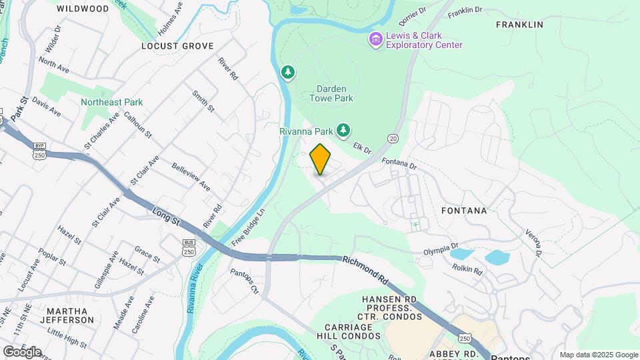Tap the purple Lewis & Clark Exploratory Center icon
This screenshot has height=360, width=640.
[376, 40]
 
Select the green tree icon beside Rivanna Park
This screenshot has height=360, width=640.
[343, 129]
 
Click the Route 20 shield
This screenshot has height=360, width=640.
[393, 138]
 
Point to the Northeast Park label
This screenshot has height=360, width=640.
[112, 102]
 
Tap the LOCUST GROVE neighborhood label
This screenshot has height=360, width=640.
[177, 46]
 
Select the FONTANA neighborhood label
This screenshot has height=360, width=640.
[464, 211]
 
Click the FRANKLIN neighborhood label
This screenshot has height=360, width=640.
[520, 25]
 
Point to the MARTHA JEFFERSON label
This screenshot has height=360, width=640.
[71, 315]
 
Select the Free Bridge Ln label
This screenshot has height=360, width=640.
[249, 225]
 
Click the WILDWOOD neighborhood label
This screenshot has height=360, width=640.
[83, 9]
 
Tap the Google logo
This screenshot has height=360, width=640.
[22, 352]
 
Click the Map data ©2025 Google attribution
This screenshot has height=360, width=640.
[598, 355]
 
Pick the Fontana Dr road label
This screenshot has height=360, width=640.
[399, 163]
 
